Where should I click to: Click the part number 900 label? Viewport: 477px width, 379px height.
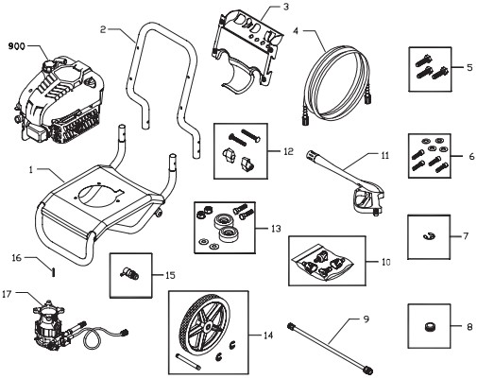18,43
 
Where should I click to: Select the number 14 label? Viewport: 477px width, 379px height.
267,335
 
